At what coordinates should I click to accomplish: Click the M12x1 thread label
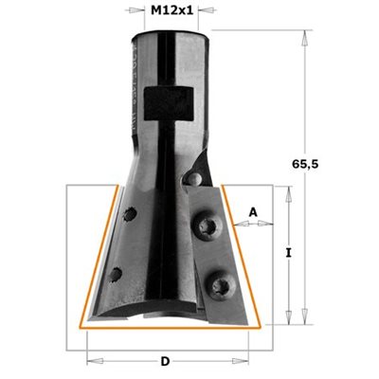tap(171, 10)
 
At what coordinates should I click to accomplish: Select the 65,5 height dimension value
tap(305, 164)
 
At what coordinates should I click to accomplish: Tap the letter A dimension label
tap(253, 212)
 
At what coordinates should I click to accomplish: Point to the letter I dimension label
tap(288, 253)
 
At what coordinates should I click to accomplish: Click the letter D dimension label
tap(165, 361)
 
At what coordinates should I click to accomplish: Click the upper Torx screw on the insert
tap(208, 226)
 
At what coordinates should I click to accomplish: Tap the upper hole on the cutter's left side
tap(130, 214)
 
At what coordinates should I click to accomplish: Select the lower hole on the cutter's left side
tap(116, 275)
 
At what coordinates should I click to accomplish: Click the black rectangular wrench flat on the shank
tap(169, 103)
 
